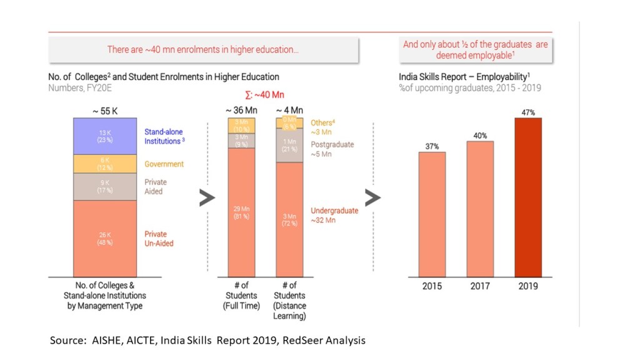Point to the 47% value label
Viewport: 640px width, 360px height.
(527, 112)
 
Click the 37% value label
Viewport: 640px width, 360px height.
(432, 146)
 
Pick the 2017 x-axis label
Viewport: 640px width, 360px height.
(480, 286)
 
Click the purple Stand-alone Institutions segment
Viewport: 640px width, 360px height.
(105, 136)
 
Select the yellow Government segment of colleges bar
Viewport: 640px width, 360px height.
(105, 164)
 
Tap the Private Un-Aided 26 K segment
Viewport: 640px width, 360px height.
(105, 238)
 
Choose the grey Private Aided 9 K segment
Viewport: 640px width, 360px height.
(105, 186)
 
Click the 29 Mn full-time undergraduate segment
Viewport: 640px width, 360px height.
(241, 212)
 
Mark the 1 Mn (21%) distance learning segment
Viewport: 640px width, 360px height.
(289, 146)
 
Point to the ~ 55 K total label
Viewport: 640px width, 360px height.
(105, 111)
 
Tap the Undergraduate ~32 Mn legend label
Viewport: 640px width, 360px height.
(335, 215)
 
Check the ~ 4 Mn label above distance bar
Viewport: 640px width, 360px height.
(289, 111)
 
